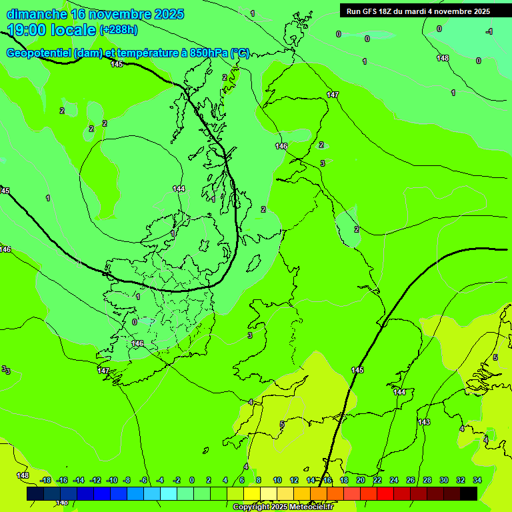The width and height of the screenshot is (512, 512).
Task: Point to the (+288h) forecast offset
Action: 119,30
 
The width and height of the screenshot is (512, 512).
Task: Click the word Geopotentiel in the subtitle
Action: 39,53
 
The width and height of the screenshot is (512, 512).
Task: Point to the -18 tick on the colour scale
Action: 45,480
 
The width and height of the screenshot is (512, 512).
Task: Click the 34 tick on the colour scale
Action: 477,480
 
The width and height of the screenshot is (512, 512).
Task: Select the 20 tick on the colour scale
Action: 361,480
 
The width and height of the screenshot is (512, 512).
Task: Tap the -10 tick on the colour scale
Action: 112,480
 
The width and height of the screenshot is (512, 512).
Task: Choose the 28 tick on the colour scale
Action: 427,480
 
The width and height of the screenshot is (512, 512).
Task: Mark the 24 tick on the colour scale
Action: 394,480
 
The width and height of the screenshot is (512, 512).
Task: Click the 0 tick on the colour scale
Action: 192,480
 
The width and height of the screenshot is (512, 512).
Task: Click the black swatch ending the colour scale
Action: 469,494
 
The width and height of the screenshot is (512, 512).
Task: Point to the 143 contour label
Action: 424,422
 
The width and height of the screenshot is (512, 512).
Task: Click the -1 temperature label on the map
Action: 489,31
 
